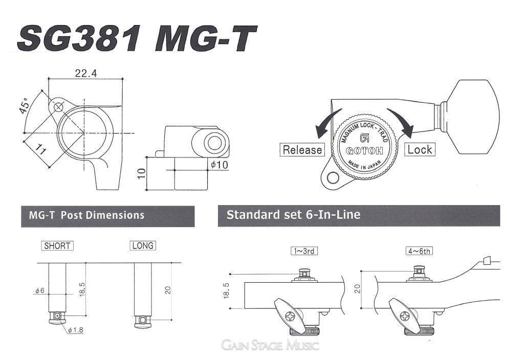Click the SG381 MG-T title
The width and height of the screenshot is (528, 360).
coord(137,39)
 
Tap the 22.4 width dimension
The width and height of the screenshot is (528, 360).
coord(85,73)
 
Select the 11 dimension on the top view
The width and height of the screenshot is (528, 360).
coord(40,150)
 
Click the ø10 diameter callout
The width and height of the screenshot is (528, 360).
coord(219,165)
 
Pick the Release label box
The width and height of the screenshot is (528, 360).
coord(302,150)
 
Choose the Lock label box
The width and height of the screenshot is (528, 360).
coord(420,149)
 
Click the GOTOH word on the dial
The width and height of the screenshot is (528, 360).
coord(364,150)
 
